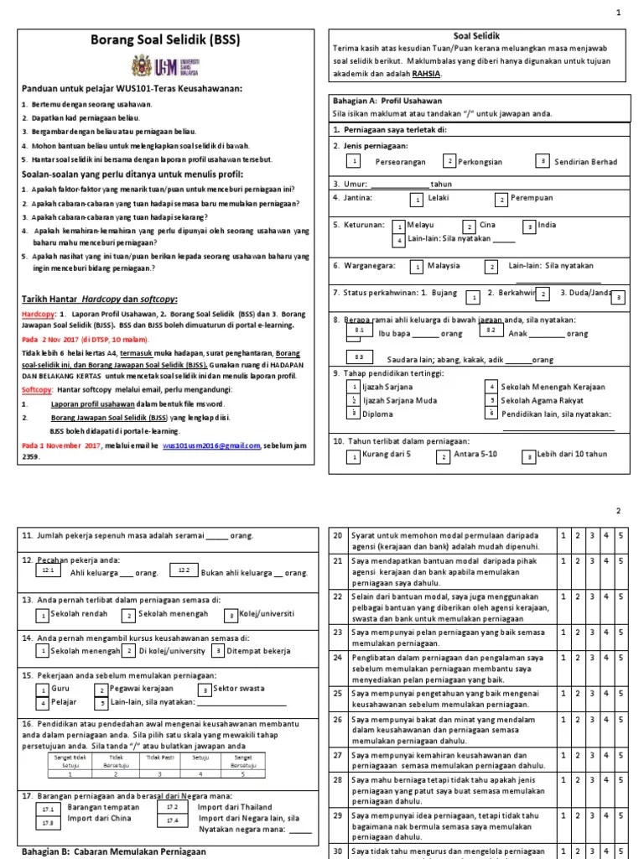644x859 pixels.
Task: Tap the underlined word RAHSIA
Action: pyautogui.click(x=425, y=74)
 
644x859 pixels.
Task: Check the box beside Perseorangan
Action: pyautogui.click(x=355, y=161)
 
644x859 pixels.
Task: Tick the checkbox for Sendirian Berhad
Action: pyautogui.click(x=543, y=160)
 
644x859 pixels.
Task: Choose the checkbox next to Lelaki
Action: pyautogui.click(x=416, y=200)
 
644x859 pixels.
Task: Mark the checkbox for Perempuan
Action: pyautogui.click(x=501, y=200)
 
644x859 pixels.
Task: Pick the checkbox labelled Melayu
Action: pyautogui.click(x=399, y=226)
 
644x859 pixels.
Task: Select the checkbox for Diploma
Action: pyautogui.click(x=354, y=413)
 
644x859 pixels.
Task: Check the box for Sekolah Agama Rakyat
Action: pyautogui.click(x=491, y=400)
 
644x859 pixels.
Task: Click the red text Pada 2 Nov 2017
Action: pyautogui.click(x=51, y=341)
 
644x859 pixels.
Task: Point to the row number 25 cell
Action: pyautogui.click(x=338, y=693)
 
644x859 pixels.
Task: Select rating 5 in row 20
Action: pyautogui.click(x=621, y=534)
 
